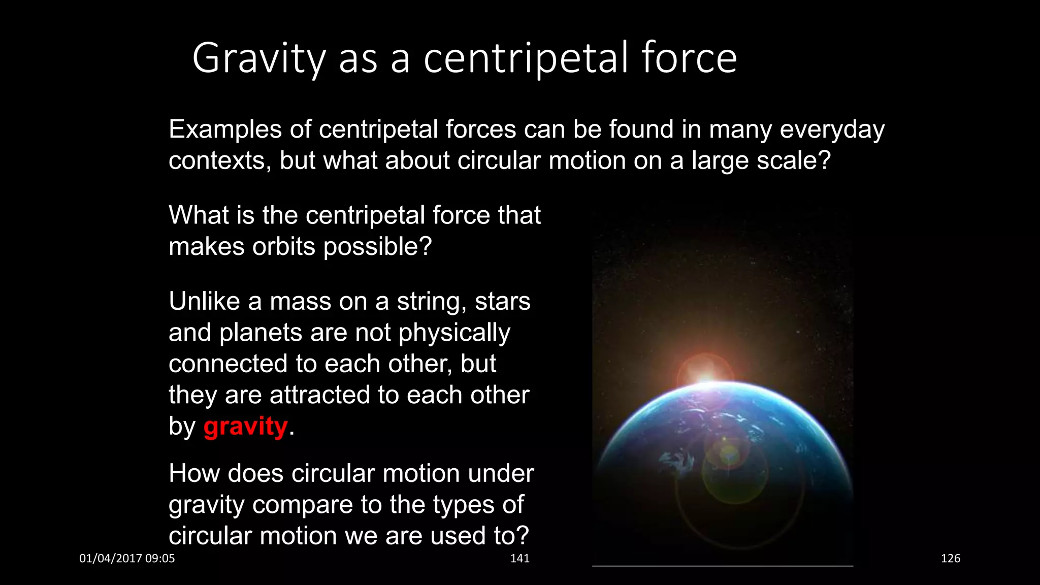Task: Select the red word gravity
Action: [x=246, y=427]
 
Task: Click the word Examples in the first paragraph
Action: [x=225, y=129]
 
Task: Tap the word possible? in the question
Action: [x=377, y=247]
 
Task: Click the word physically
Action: [x=454, y=333]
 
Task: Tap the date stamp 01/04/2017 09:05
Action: [x=127, y=559]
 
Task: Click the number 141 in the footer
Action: [x=519, y=559]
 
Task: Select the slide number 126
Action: [x=950, y=559]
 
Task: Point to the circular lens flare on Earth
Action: [x=729, y=454]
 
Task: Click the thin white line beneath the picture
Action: [x=722, y=566]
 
